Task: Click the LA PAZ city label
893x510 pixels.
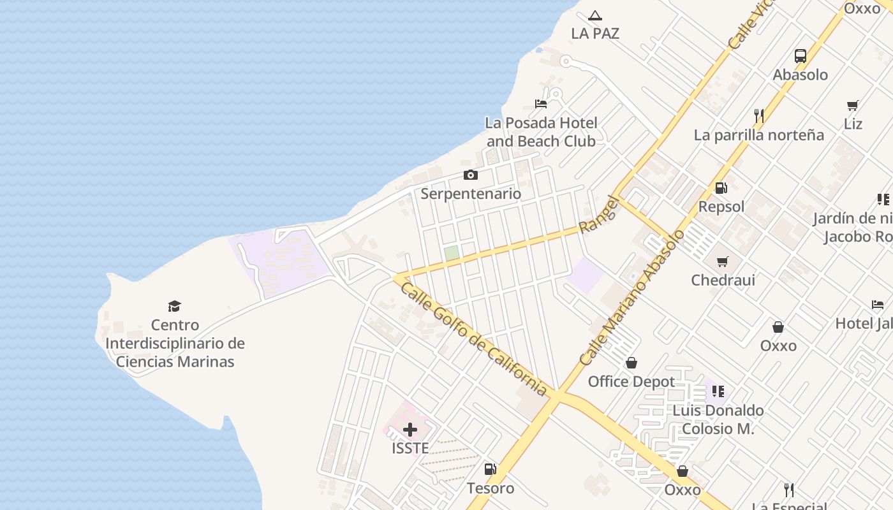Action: (x=595, y=34)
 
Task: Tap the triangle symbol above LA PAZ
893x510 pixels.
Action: (x=595, y=15)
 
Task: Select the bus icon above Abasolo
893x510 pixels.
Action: (x=801, y=56)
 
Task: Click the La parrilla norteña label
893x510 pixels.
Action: (x=758, y=135)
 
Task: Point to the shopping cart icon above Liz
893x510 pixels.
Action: (x=853, y=105)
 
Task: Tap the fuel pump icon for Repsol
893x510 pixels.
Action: (x=721, y=188)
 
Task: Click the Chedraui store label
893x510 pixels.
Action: (x=723, y=280)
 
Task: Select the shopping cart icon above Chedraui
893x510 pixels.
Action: (x=723, y=261)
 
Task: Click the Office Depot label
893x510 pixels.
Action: (x=631, y=381)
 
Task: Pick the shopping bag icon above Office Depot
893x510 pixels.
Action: (x=631, y=363)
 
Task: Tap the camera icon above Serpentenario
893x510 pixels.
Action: (x=471, y=175)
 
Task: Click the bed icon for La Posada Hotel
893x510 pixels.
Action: (x=541, y=104)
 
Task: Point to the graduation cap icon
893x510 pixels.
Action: (x=175, y=306)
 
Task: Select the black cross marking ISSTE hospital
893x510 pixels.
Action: (x=410, y=430)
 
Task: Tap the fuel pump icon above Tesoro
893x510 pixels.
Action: (x=490, y=470)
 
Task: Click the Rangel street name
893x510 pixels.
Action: (x=599, y=214)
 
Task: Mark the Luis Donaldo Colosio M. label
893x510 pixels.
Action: (x=718, y=419)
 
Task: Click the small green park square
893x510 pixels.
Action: (x=452, y=253)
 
